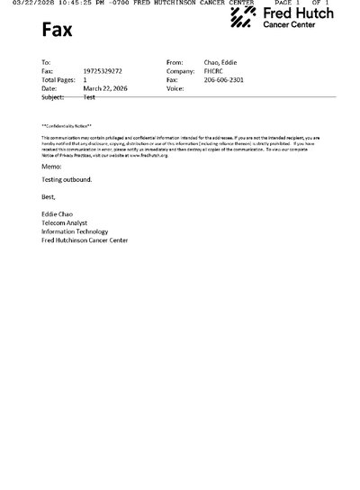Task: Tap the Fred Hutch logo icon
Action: (x=244, y=18)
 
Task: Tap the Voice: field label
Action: (x=175, y=89)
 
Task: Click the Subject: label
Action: (x=52, y=97)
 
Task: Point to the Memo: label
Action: (x=51, y=167)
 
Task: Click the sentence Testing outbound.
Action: (x=67, y=179)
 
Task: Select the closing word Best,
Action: (x=49, y=195)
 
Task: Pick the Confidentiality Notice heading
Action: (x=66, y=125)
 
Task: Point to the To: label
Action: (x=46, y=62)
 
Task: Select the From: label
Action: (x=175, y=62)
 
